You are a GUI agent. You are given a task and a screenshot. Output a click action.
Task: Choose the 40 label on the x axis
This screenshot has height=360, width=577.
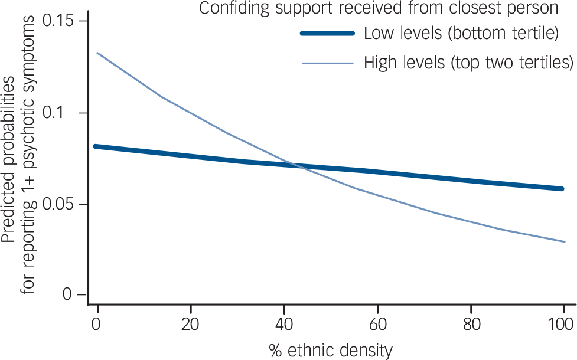pos(284,323)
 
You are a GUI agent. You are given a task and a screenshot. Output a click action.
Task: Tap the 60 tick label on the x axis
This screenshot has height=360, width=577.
pos(377,323)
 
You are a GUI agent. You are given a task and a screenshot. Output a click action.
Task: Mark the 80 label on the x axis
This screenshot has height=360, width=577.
pos(471,323)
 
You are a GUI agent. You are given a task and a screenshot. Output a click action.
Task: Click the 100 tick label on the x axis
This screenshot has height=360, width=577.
pos(563,323)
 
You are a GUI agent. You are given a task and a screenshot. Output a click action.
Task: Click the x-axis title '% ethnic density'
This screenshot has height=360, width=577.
pos(330,351)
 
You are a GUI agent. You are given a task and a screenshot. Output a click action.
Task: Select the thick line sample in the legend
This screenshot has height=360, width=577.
pos(328,33)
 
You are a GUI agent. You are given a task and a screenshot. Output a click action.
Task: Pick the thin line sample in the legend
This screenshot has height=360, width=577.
pos(328,63)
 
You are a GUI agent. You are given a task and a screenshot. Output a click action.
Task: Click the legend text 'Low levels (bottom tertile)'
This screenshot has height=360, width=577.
pos(461,33)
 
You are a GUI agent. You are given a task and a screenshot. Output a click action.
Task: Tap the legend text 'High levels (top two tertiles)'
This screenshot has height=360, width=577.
pos(469,61)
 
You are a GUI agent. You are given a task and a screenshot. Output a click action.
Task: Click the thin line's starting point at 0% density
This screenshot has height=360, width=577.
pos(97,53)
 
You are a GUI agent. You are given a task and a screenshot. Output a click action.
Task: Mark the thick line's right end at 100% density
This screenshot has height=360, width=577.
pos(563,189)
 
